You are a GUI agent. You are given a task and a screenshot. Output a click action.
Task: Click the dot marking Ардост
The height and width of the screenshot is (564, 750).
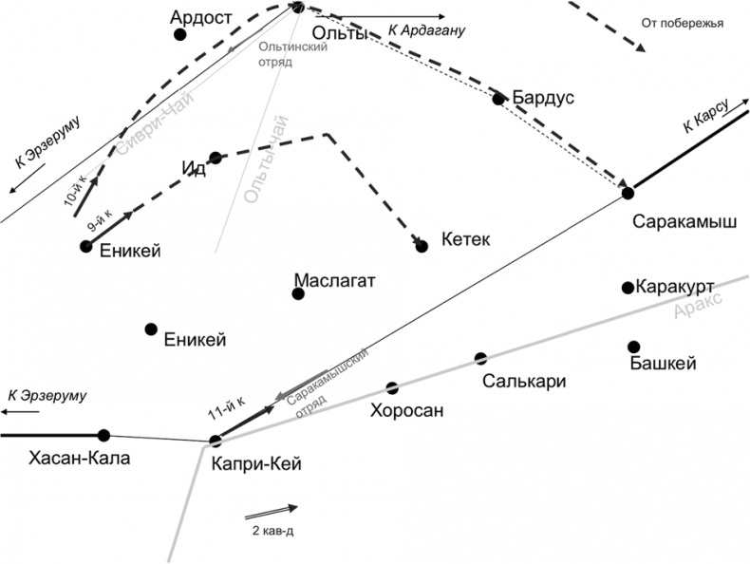pos(179,35)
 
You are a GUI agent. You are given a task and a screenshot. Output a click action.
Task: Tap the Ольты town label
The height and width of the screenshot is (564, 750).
pos(339,33)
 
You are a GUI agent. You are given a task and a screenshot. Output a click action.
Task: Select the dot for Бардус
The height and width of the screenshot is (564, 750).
pos(498,99)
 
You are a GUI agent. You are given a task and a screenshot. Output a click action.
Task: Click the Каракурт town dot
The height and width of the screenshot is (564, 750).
pos(628,288)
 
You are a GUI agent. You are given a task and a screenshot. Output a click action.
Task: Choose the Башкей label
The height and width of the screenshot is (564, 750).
pos(664,364)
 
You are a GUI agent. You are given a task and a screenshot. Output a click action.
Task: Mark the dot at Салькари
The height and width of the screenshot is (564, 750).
pos(481,359)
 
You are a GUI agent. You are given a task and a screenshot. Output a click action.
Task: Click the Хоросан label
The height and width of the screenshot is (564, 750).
pos(407,411)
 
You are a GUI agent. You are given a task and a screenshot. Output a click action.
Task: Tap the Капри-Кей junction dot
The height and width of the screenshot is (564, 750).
pos(216,440)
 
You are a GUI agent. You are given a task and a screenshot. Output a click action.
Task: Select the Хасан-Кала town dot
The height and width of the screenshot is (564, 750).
pos(104,436)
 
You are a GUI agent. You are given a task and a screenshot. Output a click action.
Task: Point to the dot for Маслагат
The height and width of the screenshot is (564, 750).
pos(298,293)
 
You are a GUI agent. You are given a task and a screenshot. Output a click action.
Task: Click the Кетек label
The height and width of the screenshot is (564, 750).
pos(466,240)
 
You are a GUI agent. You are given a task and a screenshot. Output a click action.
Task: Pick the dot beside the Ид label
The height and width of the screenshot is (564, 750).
pos(216,158)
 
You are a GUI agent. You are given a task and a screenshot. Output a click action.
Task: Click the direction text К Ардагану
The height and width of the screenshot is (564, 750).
pos(426,31)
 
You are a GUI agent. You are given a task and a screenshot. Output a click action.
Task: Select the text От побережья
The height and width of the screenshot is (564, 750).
pos(683,23)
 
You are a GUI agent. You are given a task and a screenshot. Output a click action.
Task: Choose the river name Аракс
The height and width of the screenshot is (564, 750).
pos(697,304)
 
